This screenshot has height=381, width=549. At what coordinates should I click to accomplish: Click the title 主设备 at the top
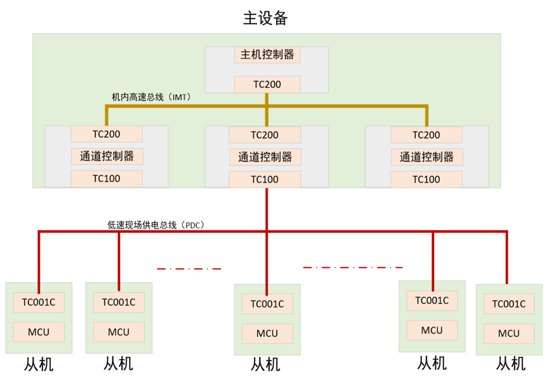[x=265, y=17]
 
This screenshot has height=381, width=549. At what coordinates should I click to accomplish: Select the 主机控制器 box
[x=267, y=55]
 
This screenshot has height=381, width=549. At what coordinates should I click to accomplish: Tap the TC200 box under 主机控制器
[x=267, y=84]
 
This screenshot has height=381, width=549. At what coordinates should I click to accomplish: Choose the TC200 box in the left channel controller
[x=107, y=134]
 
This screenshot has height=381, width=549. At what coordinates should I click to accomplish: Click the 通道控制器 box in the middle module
[x=265, y=157]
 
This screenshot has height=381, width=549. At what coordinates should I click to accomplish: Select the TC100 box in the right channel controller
[x=426, y=180]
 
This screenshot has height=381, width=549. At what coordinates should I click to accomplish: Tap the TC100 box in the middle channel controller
[x=265, y=180]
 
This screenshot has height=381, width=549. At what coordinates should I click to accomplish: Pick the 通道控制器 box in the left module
[x=107, y=156]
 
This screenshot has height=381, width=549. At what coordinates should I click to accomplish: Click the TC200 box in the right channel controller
[x=426, y=135]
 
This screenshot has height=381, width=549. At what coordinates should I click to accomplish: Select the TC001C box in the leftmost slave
[x=39, y=302]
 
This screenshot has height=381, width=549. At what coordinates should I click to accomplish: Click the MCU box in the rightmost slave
[x=509, y=333]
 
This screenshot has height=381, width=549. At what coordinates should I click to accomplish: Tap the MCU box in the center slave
[x=267, y=333]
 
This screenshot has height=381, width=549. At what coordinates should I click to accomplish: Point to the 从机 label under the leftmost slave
[x=39, y=364]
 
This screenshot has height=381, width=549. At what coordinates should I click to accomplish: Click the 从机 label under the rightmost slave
[x=510, y=364]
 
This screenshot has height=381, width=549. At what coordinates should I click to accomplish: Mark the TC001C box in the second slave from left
[x=119, y=302]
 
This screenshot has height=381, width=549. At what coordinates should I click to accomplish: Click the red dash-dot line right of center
[x=353, y=267]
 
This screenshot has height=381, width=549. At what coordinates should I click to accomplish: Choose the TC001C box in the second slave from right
[x=432, y=300]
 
